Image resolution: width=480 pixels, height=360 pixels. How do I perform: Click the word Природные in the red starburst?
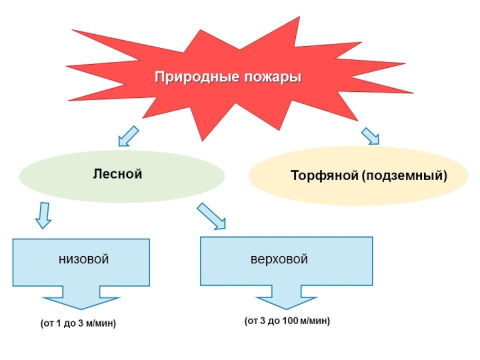point(190,78)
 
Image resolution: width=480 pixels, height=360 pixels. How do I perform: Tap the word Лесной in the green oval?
point(118,174)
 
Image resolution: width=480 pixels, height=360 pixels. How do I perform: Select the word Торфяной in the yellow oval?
point(324,176)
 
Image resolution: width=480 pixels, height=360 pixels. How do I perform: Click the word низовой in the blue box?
point(83,259)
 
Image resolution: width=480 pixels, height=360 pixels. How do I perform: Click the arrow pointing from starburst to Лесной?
point(127,137)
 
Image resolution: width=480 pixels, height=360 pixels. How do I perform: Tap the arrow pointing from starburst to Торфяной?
point(371,136)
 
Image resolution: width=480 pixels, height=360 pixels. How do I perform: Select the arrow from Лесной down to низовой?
point(43,216)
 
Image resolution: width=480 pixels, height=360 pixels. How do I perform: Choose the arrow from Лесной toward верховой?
point(212,216)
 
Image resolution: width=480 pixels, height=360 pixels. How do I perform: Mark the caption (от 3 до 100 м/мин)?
point(287,321)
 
